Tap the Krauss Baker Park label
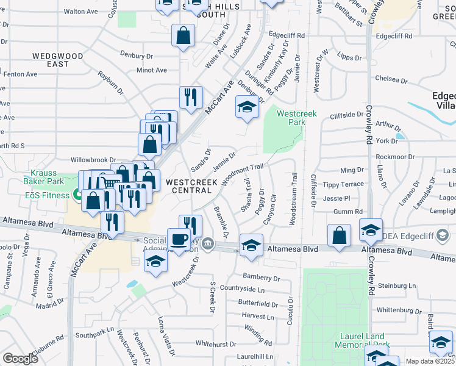point(44,177)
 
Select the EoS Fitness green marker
point(77,195)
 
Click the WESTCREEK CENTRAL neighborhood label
point(192,186)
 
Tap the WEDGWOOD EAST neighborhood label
point(58,60)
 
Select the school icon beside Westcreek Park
point(246,108)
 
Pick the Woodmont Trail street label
point(243,174)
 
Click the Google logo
point(20,359)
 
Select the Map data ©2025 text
point(429,361)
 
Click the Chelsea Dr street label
point(391,79)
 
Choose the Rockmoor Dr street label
point(394,157)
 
